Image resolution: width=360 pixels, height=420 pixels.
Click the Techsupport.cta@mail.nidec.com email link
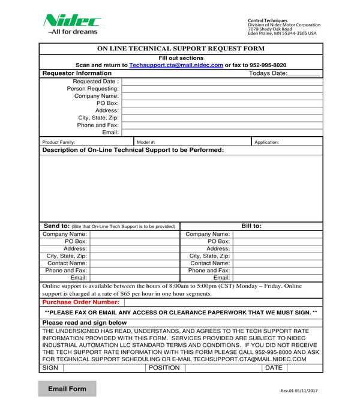coord(176,65)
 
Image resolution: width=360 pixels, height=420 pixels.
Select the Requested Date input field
coord(221,81)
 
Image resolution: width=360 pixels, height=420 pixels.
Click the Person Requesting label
coord(92,89)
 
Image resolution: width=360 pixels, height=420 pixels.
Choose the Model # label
coord(146,142)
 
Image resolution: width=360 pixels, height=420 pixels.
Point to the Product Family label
coord(59,142)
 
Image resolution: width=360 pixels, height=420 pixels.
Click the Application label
coord(266,142)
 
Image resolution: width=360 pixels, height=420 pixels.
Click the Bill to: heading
coord(251,226)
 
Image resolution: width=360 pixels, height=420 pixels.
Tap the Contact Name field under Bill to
coord(277,263)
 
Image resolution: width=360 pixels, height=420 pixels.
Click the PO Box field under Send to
coord(134,241)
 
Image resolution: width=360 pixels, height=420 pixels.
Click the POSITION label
coord(164,368)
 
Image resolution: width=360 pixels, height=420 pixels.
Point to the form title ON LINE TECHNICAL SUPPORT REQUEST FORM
coord(181,48)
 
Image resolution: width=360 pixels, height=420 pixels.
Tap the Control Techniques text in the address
coord(267,20)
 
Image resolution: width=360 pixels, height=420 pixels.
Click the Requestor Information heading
coord(77,73)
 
